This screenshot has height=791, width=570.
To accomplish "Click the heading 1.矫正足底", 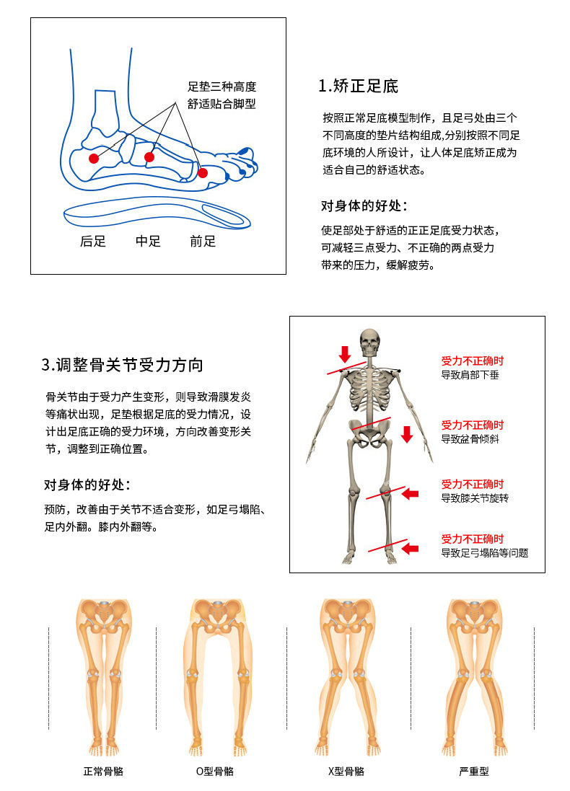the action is point(359,87).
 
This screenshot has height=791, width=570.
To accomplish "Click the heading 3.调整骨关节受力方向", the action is point(122,364).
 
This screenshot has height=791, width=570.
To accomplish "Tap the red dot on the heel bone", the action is point(93,158).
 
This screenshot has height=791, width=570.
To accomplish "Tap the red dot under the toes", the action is point(203,172).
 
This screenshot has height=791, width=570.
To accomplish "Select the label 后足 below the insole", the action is point(93,242).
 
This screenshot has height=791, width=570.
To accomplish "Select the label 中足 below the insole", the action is point(148,242).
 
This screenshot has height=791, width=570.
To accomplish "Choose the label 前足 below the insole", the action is point(203,242).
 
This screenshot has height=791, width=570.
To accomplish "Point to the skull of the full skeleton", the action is point(369,343).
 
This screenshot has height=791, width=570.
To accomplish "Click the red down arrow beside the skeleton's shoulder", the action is point(345,353).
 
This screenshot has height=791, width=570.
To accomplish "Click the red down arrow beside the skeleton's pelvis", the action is point(406,434).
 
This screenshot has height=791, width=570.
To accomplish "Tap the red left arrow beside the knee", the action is point(410,494).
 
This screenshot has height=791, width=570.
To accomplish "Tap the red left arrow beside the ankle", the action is point(410,549).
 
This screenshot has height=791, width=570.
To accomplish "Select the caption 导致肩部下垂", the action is point(470,376).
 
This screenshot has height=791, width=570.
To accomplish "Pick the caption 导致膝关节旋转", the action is point(475,498).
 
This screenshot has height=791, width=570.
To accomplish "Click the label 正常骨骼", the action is point(103,771).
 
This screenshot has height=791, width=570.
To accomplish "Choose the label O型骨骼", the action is point(214,771).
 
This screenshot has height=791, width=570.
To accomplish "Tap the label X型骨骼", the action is point(346,771).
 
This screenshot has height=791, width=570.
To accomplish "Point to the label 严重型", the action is point(474,771).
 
